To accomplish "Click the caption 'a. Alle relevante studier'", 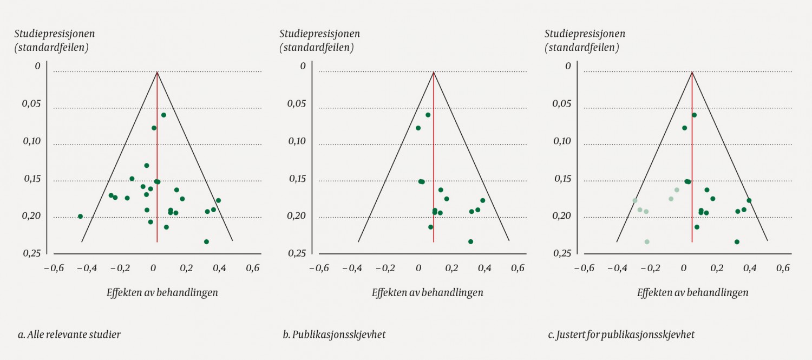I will click(x=69, y=335).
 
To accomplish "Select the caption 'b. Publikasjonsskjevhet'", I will click(x=334, y=335).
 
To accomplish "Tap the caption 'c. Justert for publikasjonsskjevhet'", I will click(x=621, y=335).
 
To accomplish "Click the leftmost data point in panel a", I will click(x=80, y=216).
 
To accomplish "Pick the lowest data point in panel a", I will click(x=206, y=241).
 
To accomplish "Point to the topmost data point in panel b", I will click(x=428, y=115).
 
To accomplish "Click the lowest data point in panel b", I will click(x=470, y=241).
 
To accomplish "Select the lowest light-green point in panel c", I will click(x=647, y=241).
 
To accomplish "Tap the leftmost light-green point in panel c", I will click(x=635, y=201).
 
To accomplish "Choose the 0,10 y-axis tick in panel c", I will click(x=562, y=141).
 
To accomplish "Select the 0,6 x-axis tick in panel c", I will click(x=783, y=267).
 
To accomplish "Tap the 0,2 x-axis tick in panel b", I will click(x=451, y=267).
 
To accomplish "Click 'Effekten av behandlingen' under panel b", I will click(x=427, y=292).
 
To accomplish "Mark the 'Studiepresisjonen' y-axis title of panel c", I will click(x=585, y=34).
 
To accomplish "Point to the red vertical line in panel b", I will click(x=434, y=162).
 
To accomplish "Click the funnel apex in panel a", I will click(x=157, y=72).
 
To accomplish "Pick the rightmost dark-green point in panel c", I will click(x=749, y=200).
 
